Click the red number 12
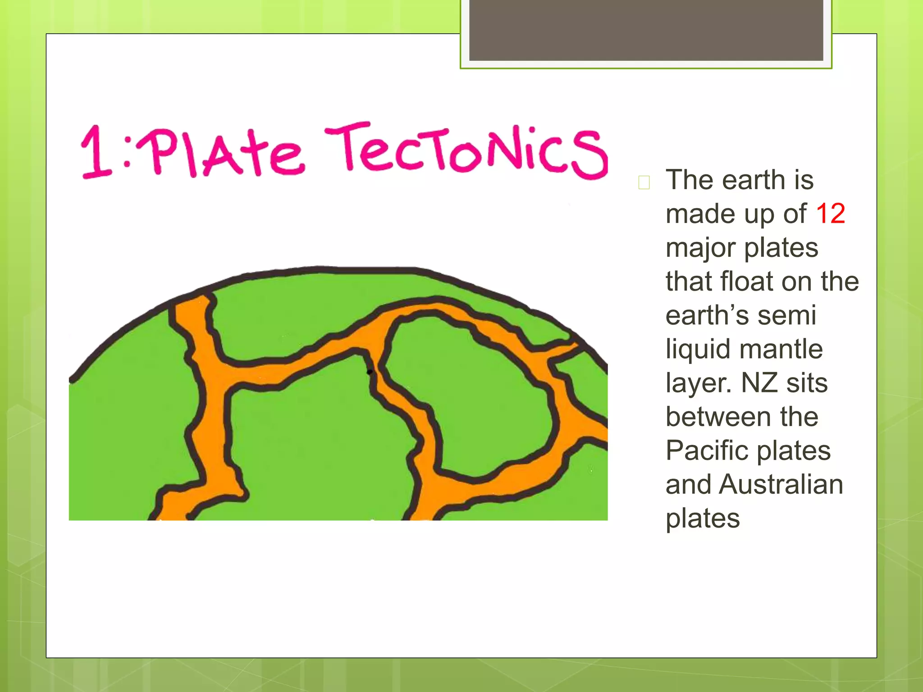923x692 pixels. [830, 213]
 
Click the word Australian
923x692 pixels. [781, 484]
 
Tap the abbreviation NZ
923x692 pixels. [759, 382]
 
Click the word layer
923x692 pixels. [699, 383]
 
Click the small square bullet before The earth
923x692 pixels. [644, 182]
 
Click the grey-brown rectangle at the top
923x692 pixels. [646, 30]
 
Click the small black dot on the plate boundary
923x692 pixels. [370, 372]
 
